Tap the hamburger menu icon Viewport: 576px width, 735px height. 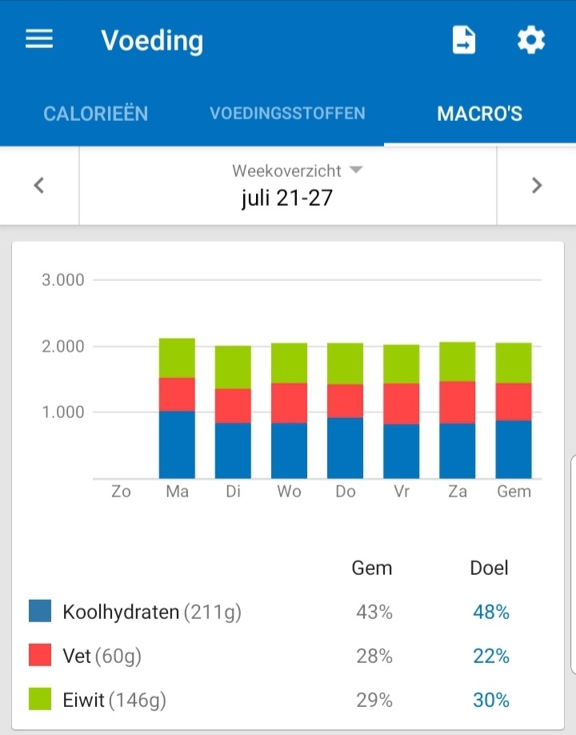[39, 40]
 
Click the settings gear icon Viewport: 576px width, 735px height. [531, 40]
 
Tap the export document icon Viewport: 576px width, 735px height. [464, 40]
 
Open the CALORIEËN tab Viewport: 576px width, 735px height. [95, 114]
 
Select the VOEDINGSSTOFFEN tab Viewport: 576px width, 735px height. [287, 114]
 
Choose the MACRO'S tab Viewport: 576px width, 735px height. [479, 114]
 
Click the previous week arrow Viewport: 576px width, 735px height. [38, 186]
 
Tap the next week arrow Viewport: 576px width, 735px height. [537, 186]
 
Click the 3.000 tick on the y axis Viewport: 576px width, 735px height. [62, 280]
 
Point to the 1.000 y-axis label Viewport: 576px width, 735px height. [62, 412]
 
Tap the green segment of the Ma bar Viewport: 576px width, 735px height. [177, 358]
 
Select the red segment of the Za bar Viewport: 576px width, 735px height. [457, 402]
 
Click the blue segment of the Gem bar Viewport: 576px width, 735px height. [514, 449]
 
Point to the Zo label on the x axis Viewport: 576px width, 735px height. [121, 492]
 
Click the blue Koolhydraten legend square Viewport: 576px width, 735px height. [40, 612]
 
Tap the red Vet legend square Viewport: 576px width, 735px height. [40, 656]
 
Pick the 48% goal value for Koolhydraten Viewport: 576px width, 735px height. [490, 612]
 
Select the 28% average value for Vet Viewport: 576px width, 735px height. [374, 657]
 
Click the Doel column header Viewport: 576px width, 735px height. [489, 568]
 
